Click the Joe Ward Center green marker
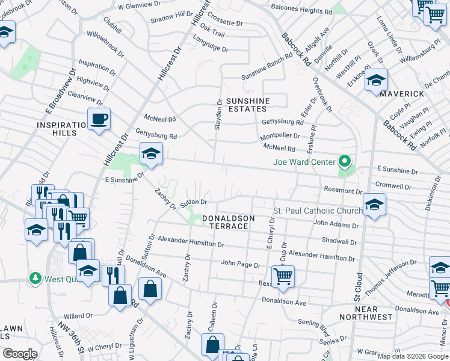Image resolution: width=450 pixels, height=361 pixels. click(345, 161)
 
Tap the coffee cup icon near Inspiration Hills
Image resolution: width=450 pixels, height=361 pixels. click(99, 119)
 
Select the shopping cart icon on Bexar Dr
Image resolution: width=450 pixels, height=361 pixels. click(283, 276)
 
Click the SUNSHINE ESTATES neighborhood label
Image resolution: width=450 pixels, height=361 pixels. click(246, 105)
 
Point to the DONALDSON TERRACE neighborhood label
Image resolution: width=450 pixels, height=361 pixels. click(228, 222)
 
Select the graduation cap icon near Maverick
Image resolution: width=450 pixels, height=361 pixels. click(376, 80)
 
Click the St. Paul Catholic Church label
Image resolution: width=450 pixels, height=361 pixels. click(318, 211)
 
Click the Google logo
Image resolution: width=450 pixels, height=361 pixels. click(20, 354)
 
